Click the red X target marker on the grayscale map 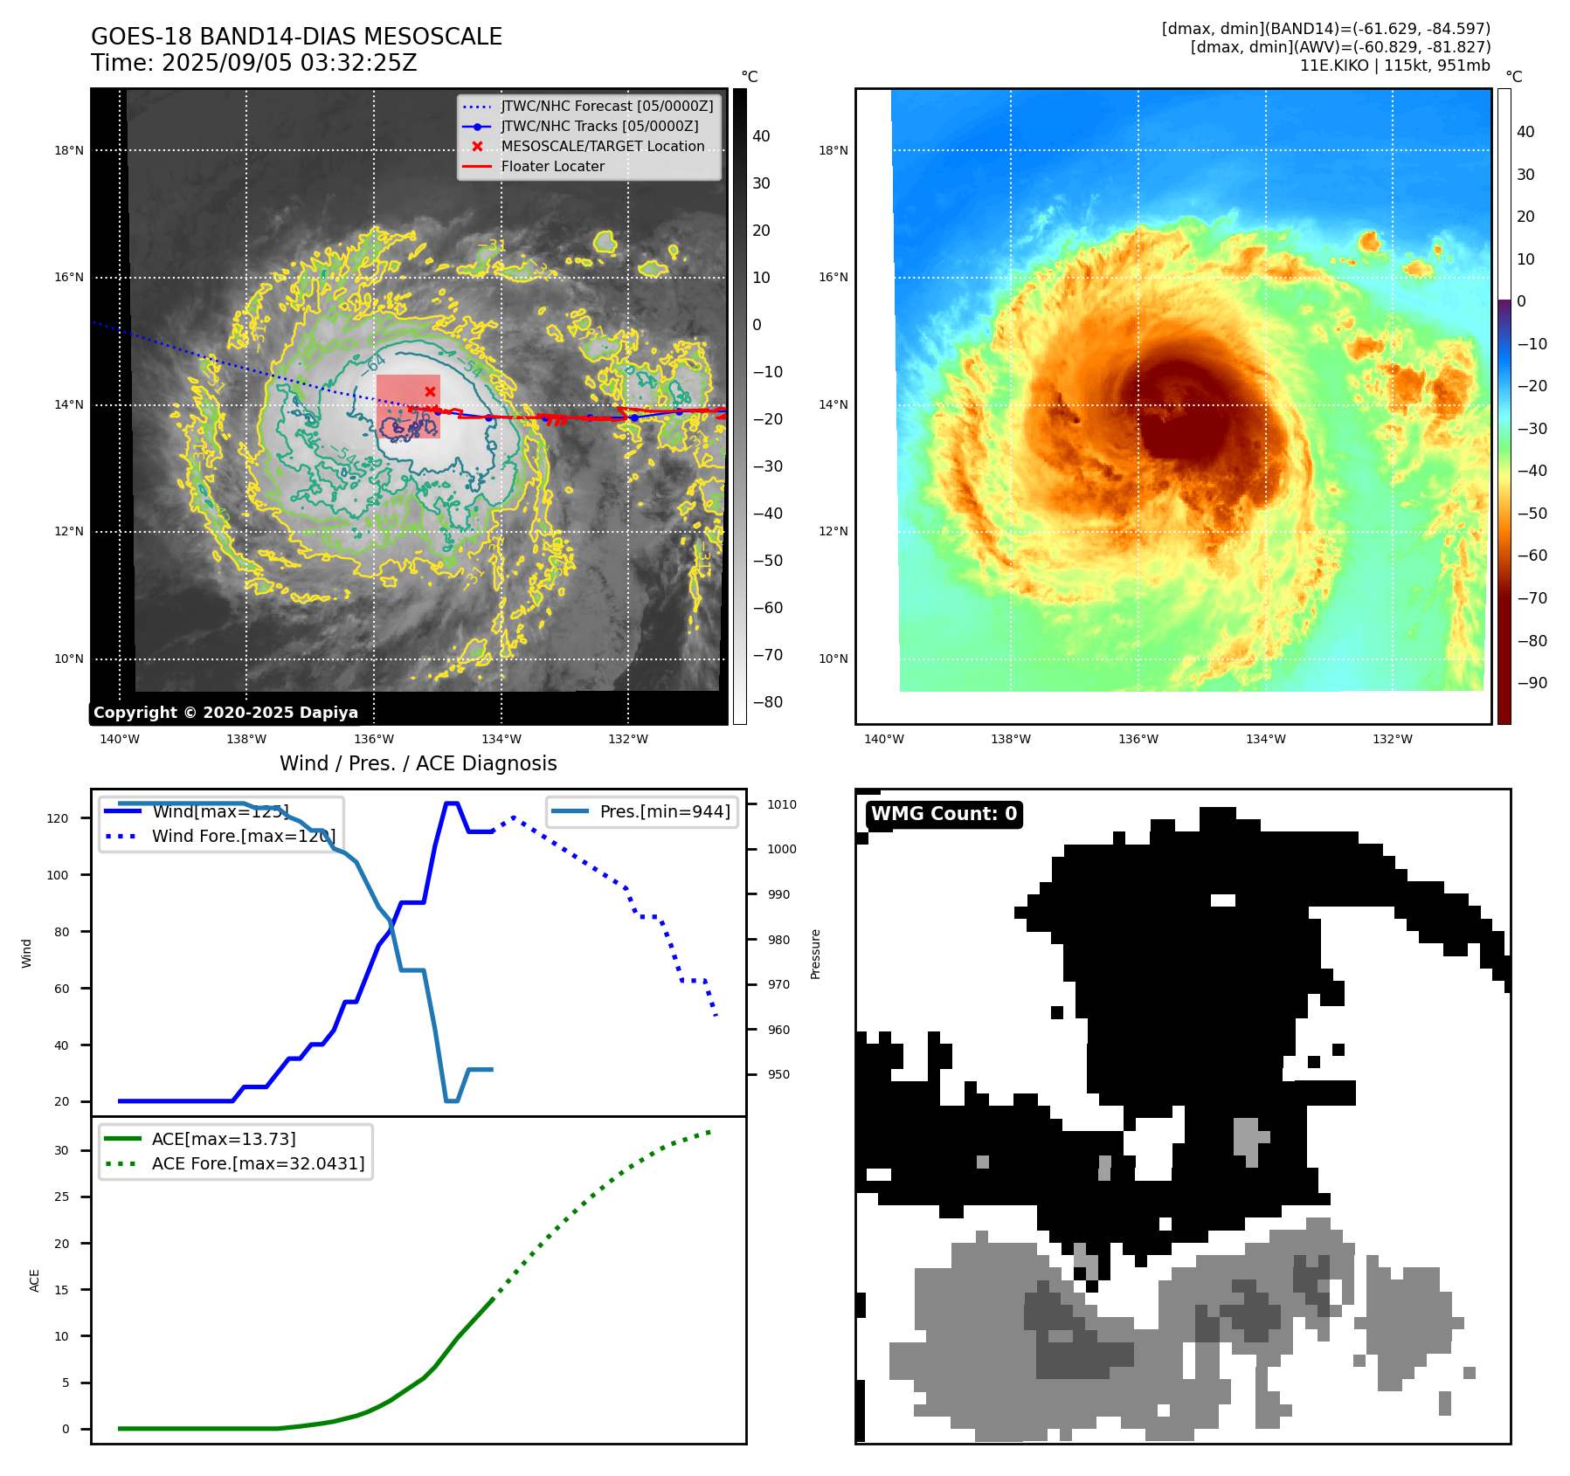[430, 391]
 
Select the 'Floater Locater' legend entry [552, 167]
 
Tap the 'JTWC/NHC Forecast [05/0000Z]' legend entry [606, 107]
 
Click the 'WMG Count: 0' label [944, 814]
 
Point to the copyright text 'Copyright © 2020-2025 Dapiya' [225, 713]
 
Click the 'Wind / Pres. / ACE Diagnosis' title [418, 763]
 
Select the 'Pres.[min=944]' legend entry [664, 811]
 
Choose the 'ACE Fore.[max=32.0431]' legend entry [258, 1163]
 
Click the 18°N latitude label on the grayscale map [69, 150]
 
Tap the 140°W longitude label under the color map [883, 739]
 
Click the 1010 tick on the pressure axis [782, 804]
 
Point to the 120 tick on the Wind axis [58, 818]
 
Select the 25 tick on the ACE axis [61, 1197]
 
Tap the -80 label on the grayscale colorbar [768, 702]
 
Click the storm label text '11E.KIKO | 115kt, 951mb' [1394, 66]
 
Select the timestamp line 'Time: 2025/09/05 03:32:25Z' [254, 64]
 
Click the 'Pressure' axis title [815, 954]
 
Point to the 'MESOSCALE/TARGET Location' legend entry [602, 147]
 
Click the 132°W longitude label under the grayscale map [628, 739]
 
